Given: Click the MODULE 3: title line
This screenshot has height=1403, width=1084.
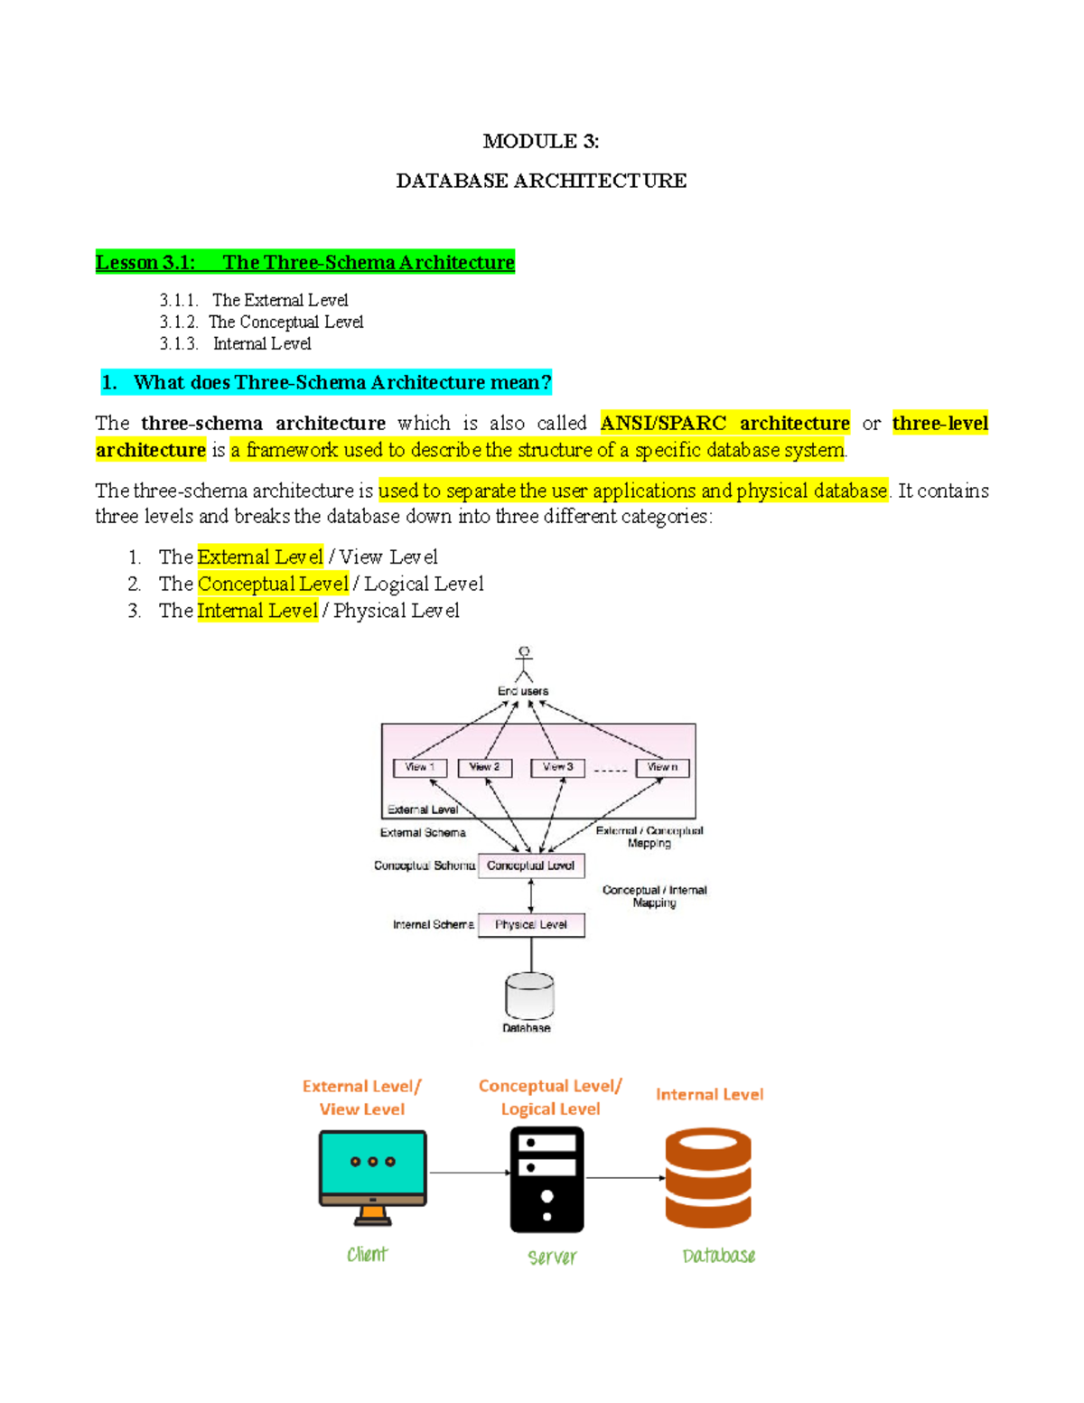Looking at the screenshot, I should point(540,141).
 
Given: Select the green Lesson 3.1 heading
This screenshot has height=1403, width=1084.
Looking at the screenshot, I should point(305,262).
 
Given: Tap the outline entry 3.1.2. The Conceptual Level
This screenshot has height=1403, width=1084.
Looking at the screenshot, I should point(261,322).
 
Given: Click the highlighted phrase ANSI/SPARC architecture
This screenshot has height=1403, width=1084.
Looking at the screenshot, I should point(724,423).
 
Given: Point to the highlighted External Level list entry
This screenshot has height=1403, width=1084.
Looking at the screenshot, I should point(260,557).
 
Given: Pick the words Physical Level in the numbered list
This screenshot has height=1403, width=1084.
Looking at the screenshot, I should point(396,611).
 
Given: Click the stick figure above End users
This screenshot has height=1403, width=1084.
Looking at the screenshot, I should point(524,663).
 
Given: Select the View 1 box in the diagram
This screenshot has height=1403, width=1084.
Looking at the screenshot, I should point(420,767).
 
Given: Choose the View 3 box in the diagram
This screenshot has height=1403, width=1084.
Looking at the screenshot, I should point(557,767).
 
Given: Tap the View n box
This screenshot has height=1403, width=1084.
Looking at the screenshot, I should point(662,767).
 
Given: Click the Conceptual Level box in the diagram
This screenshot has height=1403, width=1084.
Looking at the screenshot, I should point(530,865).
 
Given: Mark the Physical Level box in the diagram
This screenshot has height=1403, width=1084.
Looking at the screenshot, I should point(530,924).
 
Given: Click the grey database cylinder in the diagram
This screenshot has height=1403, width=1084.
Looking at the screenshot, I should point(529,996).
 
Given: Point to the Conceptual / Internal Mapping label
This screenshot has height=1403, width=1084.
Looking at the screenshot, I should point(655,896).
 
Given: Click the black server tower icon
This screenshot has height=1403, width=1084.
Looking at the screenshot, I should point(547,1180).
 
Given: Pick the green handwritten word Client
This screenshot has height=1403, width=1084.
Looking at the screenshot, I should point(367,1254).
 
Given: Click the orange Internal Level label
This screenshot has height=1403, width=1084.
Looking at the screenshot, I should point(709,1094).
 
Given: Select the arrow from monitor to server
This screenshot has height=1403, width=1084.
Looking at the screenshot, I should point(469,1173).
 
